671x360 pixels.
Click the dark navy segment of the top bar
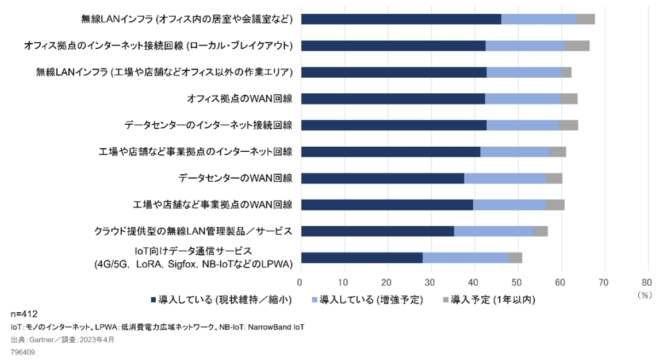pyautogui.click(x=401, y=19)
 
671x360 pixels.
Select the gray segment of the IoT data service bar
pyautogui.click(x=515, y=258)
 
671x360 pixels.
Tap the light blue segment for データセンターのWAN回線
pyautogui.click(x=505, y=178)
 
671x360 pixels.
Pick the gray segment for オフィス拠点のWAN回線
pyautogui.click(x=569, y=98)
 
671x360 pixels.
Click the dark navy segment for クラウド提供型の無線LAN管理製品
pyautogui.click(x=377, y=231)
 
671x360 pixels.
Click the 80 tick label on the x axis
pyautogui.click(x=648, y=282)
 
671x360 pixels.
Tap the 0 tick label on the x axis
pyautogui.click(x=300, y=282)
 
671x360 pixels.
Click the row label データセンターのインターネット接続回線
pyautogui.click(x=208, y=125)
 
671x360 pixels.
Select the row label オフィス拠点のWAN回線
pyautogui.click(x=240, y=98)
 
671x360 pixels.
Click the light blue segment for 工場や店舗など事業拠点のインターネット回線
pyautogui.click(x=515, y=152)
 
